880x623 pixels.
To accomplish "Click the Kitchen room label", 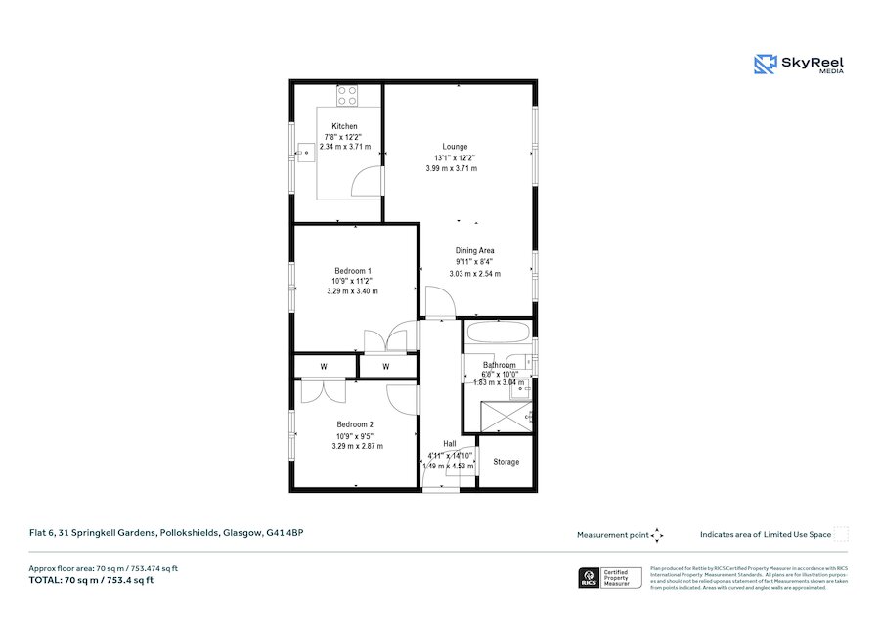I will point(344,126).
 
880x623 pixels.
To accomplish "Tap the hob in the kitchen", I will point(347,96).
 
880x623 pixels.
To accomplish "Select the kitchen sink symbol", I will point(307,152).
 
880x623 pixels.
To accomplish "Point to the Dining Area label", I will point(474,251).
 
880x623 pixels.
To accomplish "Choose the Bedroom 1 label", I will point(353,271).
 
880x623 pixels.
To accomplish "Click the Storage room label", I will point(506,462).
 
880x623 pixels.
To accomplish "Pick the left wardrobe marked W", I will point(324,367).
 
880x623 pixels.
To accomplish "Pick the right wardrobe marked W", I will point(386,367).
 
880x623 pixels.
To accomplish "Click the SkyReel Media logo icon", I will point(765,65).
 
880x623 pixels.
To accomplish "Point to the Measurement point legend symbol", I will point(657,535).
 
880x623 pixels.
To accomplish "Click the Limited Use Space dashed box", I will point(841,534).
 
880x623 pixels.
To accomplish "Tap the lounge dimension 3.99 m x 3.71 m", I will point(451,168).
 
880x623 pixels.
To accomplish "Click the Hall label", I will point(449,444).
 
